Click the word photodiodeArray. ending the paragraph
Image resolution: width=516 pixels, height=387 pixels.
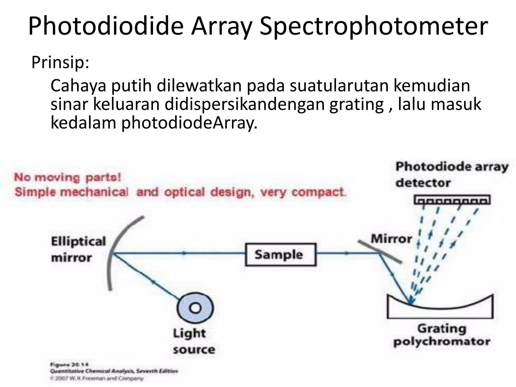(x=189, y=123)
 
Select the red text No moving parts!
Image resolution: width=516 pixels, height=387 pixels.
(x=68, y=177)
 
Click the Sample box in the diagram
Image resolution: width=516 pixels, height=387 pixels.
(x=280, y=254)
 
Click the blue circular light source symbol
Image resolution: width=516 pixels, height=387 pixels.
(x=195, y=308)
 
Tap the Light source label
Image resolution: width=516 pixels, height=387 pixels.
(x=193, y=341)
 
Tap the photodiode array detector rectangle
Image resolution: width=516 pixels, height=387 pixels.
(x=452, y=200)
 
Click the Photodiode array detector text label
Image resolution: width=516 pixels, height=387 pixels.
(x=451, y=175)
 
